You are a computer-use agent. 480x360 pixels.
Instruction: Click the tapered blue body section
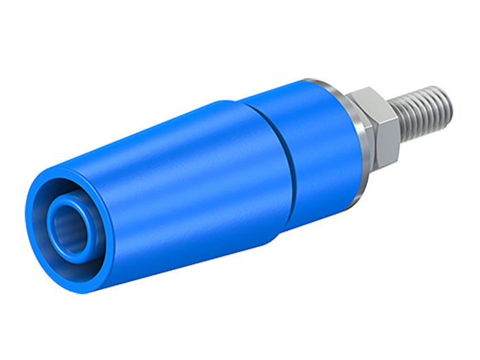tap(178, 178)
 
